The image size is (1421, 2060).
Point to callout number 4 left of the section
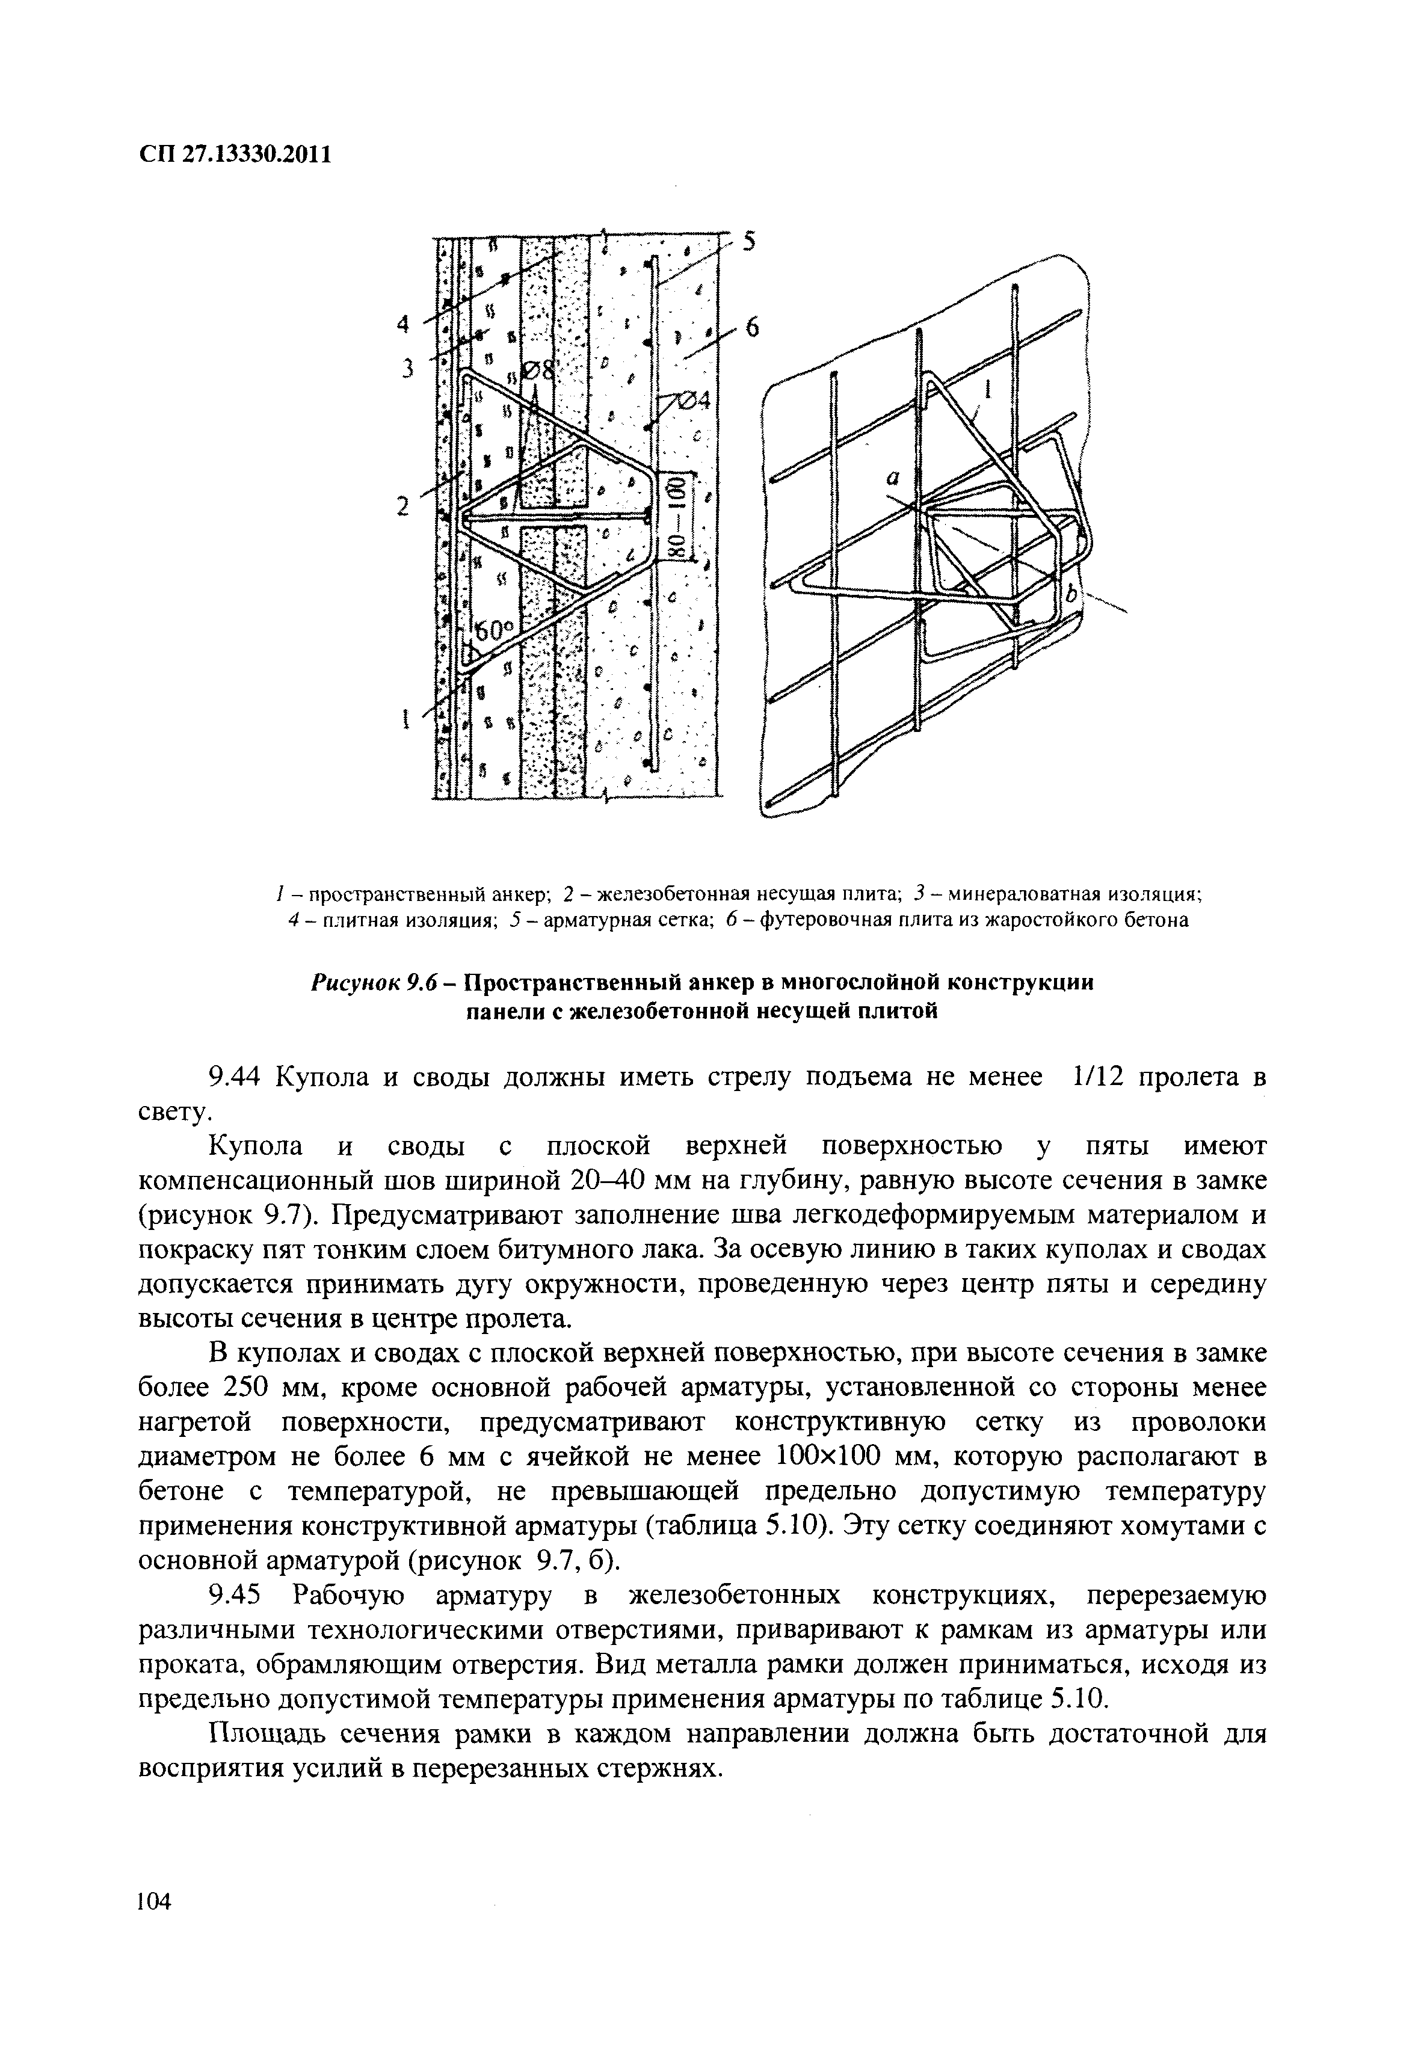(402, 326)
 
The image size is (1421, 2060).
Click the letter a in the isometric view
(891, 478)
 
